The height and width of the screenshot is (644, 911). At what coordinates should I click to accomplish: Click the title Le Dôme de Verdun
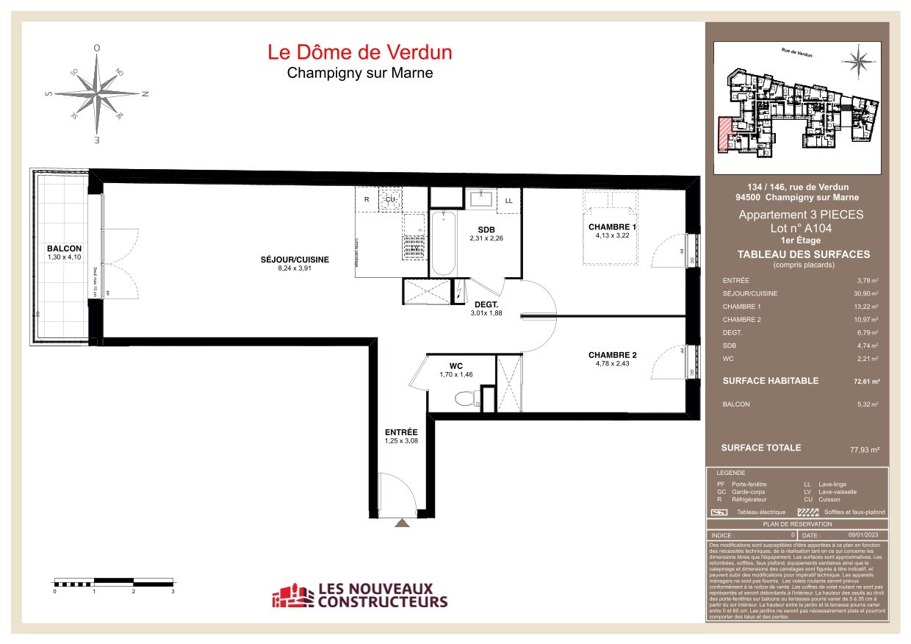[359, 52]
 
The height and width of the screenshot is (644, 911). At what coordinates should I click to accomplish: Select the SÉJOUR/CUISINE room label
[294, 260]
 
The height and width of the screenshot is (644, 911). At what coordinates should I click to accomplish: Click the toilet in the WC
[466, 398]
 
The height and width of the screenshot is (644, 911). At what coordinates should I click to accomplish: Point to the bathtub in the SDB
[442, 243]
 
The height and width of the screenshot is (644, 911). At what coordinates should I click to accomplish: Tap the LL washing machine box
[508, 200]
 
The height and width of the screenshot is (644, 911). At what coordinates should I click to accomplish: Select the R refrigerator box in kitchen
[366, 199]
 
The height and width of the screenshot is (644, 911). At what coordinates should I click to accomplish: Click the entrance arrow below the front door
[401, 523]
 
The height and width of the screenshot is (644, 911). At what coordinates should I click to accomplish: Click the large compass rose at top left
[98, 93]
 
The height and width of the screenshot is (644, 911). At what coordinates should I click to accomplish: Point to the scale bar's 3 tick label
[173, 591]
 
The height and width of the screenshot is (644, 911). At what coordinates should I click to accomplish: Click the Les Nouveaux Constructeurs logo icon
[292, 596]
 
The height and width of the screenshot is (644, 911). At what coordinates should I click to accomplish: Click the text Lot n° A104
[801, 229]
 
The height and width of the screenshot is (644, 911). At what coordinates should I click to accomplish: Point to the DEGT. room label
[486, 304]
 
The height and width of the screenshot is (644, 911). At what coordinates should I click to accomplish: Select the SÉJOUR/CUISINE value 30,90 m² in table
[865, 293]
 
